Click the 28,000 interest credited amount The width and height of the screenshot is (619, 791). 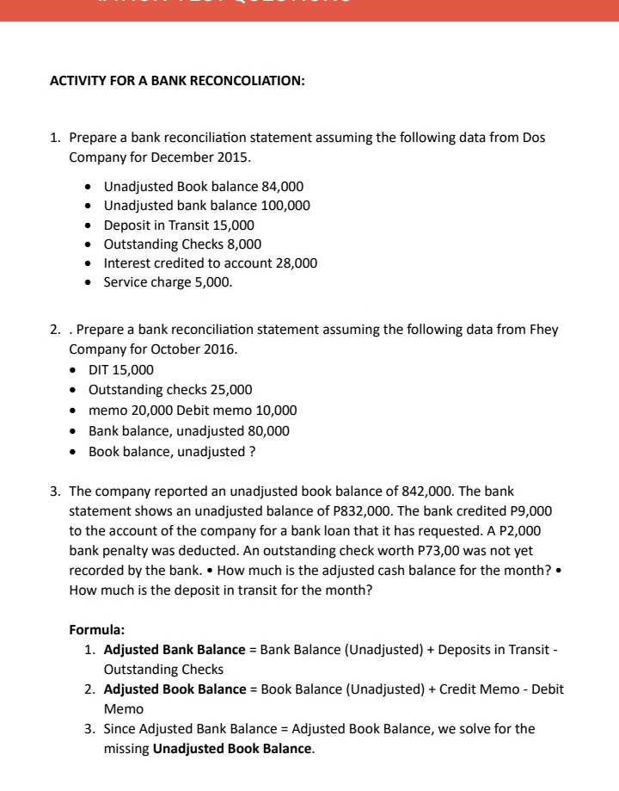coord(295,263)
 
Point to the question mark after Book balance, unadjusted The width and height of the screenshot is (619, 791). coord(251,450)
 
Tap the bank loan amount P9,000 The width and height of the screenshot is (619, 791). coord(533,510)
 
